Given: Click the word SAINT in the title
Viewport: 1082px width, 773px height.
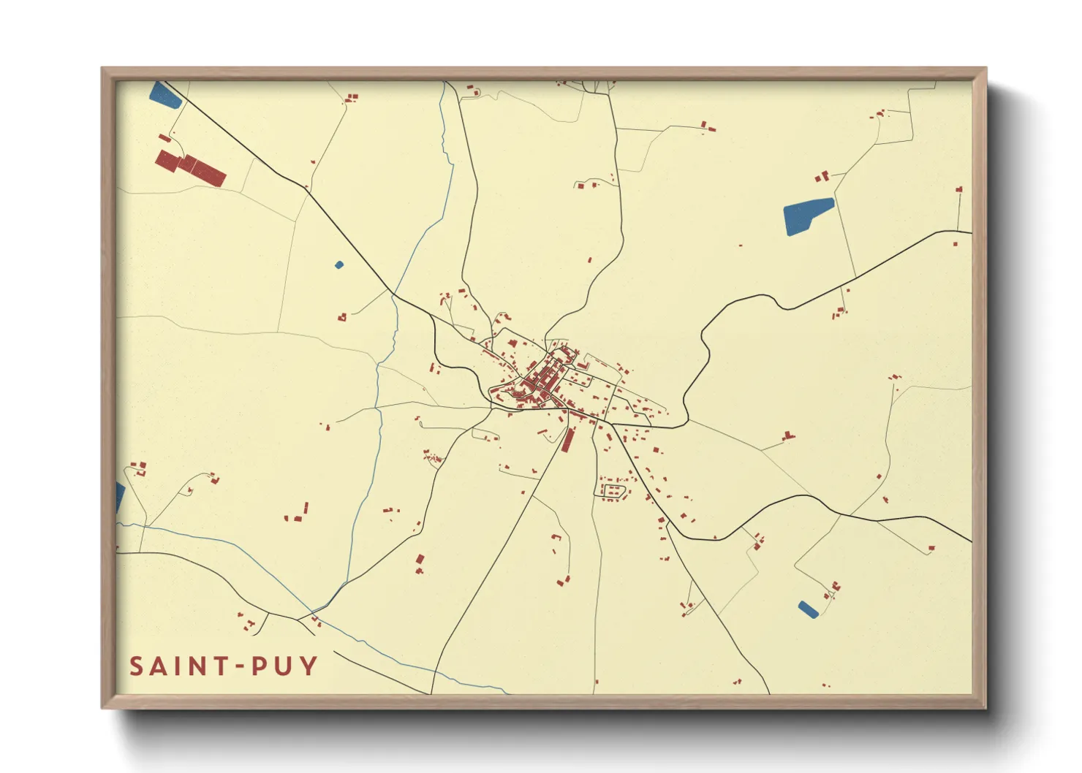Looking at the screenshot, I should (176, 666).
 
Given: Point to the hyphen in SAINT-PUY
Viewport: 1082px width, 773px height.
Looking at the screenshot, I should (240, 667).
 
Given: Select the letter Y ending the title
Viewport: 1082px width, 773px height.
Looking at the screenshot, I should (309, 666).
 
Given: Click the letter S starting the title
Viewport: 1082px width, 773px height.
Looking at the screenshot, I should (137, 666).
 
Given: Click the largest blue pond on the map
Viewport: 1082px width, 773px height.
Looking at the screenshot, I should (807, 216).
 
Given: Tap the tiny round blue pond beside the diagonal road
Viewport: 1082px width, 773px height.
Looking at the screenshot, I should (338, 264).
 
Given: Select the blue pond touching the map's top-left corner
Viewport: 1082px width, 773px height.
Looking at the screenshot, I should (164, 95).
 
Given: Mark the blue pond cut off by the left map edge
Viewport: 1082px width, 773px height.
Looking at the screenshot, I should (120, 498).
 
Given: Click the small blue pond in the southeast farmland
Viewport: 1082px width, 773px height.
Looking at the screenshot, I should (808, 609).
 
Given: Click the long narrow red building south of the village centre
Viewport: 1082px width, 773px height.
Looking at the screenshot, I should (568, 440).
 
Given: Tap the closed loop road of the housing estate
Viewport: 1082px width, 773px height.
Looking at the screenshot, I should (612, 490).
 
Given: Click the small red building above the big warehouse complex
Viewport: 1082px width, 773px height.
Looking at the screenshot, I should (164, 138).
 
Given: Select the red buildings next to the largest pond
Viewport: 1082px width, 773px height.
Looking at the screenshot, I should (822, 176).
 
